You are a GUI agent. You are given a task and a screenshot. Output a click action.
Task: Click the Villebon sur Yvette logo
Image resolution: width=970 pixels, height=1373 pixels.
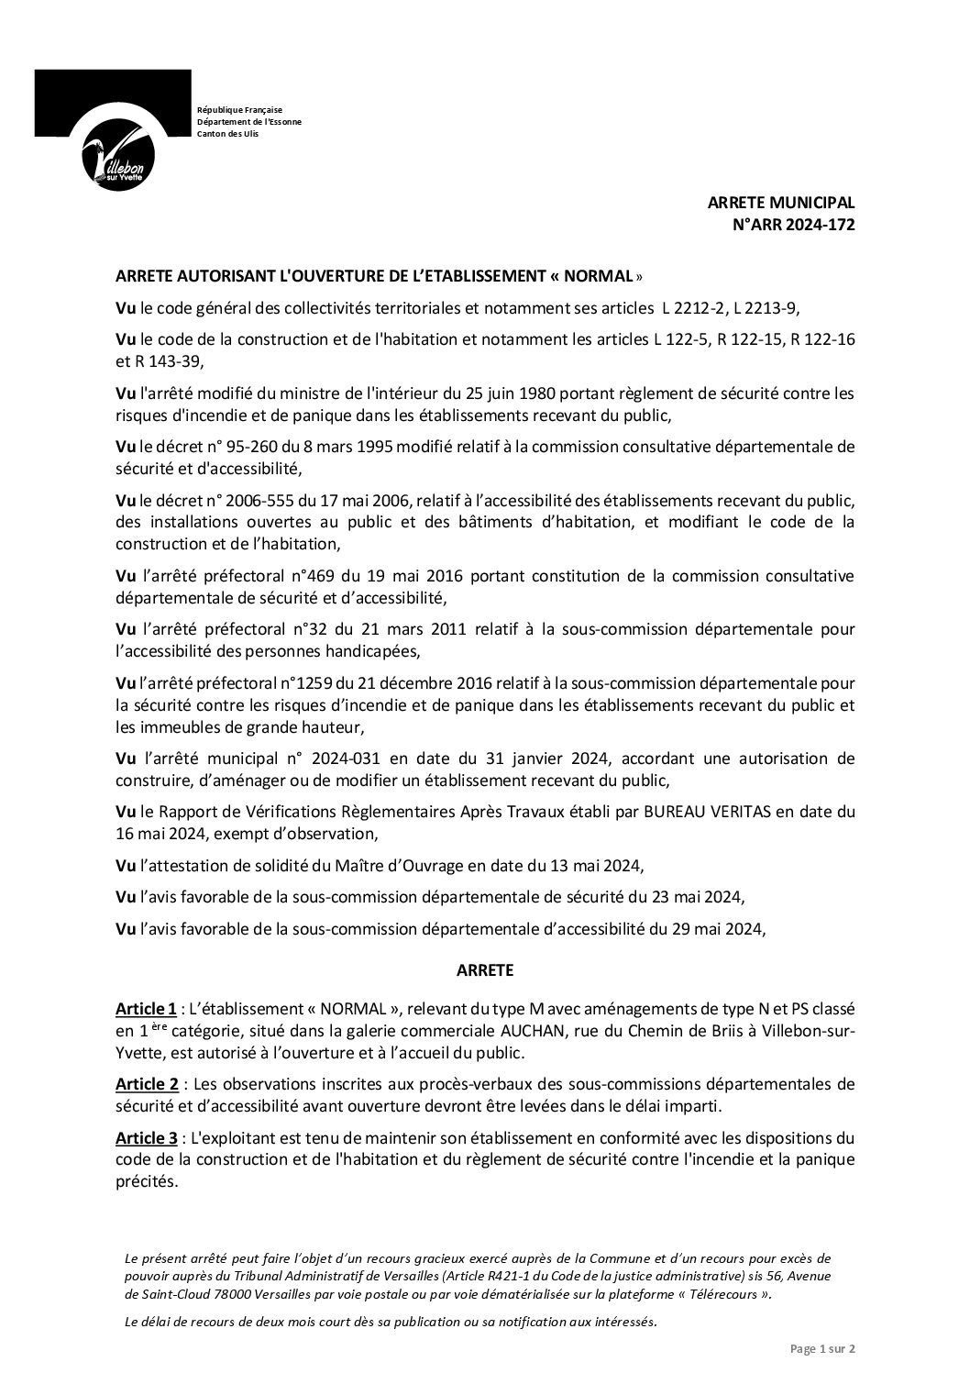[114, 128]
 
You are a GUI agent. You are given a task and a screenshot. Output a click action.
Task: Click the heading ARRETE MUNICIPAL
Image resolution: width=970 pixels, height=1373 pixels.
[781, 204]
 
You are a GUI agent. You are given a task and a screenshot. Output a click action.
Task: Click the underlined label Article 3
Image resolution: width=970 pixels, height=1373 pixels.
[146, 1139]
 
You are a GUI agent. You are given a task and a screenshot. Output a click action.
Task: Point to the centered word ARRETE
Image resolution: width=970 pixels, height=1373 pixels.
[485, 969]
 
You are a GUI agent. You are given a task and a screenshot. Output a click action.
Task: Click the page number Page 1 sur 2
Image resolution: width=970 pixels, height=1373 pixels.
[822, 1348]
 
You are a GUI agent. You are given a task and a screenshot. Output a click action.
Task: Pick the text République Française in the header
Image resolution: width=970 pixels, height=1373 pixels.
[239, 110]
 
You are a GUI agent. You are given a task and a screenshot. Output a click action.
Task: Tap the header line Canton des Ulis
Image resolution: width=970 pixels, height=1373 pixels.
[227, 134]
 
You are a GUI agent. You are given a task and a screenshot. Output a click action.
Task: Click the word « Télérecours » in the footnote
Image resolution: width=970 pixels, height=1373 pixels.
[718, 1294]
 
